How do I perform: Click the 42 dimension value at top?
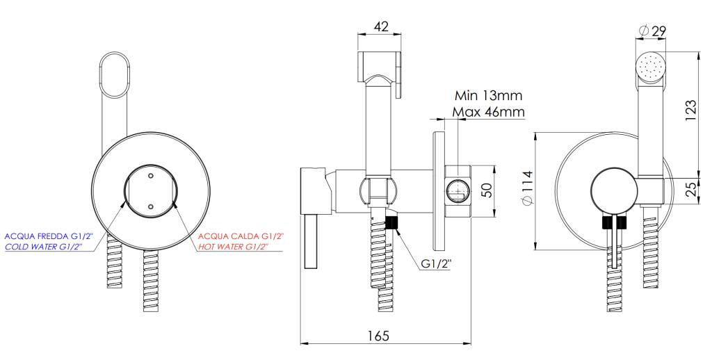click(380, 27)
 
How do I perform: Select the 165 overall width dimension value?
click(378, 336)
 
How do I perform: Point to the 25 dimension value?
click(690, 189)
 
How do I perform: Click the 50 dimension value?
click(486, 190)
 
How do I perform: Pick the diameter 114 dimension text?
click(526, 188)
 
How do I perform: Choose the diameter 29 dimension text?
click(652, 31)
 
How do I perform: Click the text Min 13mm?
click(489, 96)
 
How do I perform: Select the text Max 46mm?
click(489, 111)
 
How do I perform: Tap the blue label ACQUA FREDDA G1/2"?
click(49, 236)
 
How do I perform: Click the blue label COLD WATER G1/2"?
click(44, 247)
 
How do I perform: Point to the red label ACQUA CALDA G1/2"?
click(241, 236)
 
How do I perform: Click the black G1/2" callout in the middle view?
click(436, 264)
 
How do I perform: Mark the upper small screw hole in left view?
click(150, 174)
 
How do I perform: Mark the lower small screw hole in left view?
click(150, 206)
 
